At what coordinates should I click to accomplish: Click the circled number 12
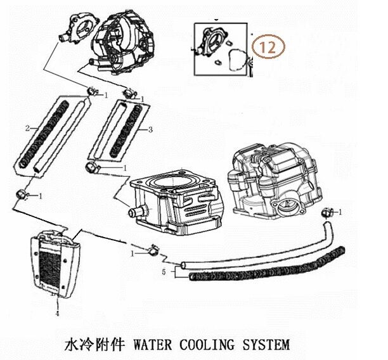268,47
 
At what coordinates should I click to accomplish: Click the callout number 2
27,128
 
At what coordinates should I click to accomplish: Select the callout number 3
150,129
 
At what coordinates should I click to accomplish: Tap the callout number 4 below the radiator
58,314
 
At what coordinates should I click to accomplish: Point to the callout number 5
164,272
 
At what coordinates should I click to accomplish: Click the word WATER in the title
152,344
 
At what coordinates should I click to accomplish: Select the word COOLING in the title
207,344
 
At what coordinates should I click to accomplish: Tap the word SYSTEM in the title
266,344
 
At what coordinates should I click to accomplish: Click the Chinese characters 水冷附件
94,344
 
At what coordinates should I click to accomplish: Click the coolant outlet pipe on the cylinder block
136,212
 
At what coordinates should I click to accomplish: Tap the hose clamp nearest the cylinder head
327,213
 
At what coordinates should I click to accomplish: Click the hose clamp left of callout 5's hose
153,250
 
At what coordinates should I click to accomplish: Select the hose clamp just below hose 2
22,194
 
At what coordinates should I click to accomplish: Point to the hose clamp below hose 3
91,167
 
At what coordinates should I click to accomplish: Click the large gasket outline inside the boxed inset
238,60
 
